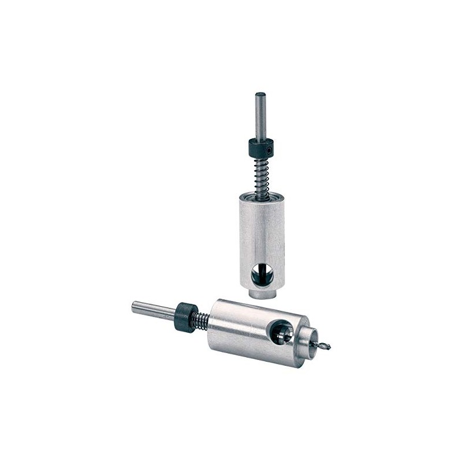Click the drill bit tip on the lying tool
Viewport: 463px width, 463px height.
point(328,347)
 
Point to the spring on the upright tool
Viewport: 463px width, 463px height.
point(262,177)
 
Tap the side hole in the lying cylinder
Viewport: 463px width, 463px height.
point(282,331)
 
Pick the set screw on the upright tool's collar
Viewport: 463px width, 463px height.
point(270,149)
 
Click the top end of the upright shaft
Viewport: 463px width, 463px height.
point(260,94)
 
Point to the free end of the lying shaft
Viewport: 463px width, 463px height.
point(134,306)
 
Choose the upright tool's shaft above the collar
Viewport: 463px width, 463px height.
point(260,116)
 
